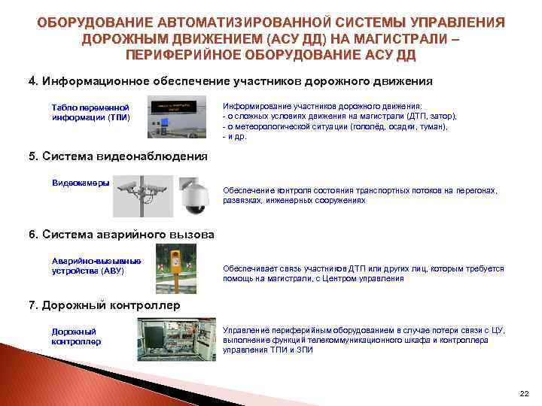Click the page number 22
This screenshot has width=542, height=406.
click(x=525, y=393)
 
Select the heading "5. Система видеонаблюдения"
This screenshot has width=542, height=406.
click(x=117, y=156)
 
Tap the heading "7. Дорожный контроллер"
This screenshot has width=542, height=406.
click(x=104, y=305)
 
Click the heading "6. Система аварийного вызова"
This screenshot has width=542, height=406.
click(x=121, y=235)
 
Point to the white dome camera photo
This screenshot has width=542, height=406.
click(x=194, y=195)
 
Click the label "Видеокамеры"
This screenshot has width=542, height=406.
click(x=80, y=183)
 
